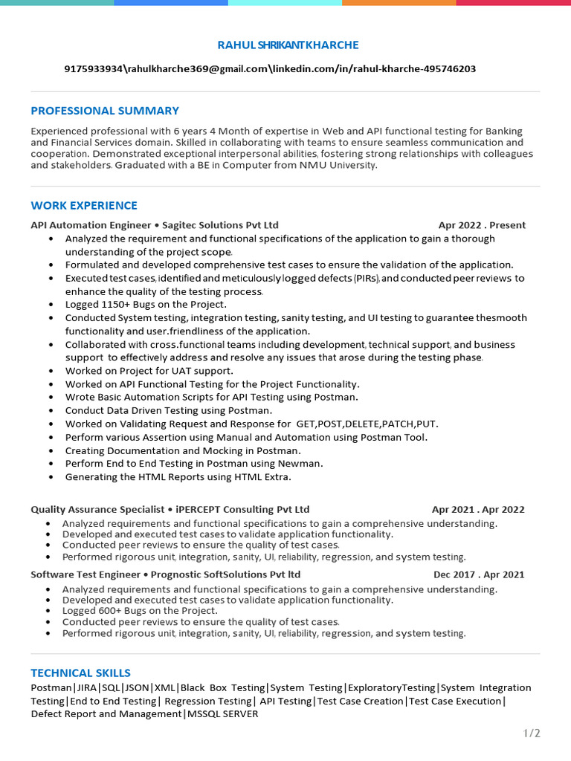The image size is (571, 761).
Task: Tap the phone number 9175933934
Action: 93,69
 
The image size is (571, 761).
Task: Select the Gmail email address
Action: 196,69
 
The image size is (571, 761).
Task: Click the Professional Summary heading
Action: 105,111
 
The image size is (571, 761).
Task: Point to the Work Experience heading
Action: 84,205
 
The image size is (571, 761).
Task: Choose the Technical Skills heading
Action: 80,673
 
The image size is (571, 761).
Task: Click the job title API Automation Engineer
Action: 90,225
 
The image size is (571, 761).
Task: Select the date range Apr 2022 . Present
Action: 482,225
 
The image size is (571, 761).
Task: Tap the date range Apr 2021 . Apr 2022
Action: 478,510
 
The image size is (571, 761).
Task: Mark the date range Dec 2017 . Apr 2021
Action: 479,574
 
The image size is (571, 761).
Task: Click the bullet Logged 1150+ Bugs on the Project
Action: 146,304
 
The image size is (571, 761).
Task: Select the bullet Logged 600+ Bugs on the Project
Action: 140,611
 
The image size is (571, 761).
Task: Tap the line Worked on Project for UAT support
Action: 149,371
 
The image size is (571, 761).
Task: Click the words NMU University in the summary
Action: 338,166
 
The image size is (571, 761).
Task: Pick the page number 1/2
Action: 532,734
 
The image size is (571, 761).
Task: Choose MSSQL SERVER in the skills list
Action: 222,714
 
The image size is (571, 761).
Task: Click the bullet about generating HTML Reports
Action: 178,477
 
